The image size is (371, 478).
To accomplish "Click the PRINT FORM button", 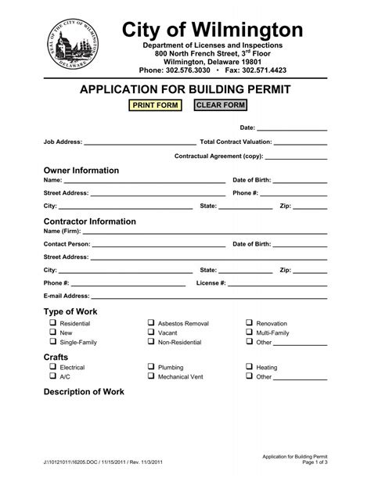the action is [156, 106].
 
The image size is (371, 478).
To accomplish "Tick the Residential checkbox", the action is [53, 323].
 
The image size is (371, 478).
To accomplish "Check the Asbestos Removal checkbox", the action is [151, 323].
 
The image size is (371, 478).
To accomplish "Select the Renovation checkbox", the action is [250, 323].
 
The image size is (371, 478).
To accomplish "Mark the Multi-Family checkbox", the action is [250, 332].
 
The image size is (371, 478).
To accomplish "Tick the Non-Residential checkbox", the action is [151, 342].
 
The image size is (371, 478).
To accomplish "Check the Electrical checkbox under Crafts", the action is [53, 367].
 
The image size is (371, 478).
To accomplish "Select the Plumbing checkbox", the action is [151, 367].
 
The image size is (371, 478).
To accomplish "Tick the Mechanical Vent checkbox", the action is [151, 376].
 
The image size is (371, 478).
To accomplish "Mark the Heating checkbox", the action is [250, 367].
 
